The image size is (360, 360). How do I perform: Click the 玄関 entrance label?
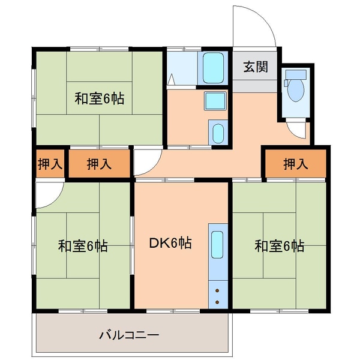255,67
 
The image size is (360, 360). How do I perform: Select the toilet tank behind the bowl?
296,75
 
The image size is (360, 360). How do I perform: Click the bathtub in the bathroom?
213,68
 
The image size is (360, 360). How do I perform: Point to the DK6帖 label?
170,244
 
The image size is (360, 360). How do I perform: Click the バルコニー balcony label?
128,334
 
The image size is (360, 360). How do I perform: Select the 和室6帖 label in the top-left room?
100,98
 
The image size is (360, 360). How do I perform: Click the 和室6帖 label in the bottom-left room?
83,246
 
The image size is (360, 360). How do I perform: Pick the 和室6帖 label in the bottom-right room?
279,245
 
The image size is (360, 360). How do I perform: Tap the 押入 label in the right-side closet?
295,163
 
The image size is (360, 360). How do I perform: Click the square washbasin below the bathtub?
215,100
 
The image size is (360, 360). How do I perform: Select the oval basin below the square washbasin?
218,131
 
